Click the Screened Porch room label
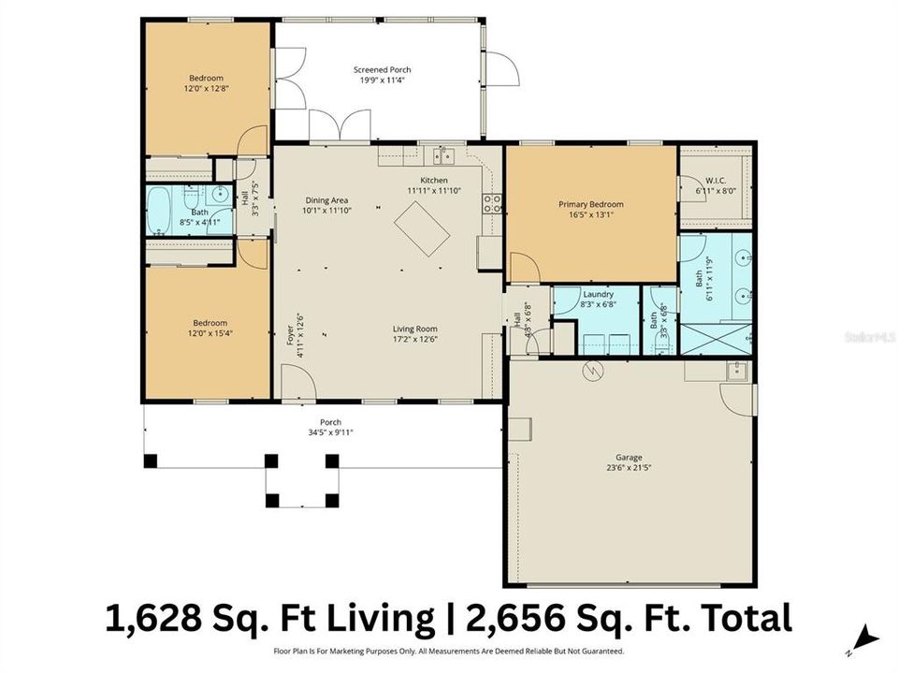tap(382, 70)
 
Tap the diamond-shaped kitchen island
tap(421, 229)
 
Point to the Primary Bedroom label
tap(590, 204)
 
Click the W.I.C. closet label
tap(717, 181)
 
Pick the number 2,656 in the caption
tap(515, 619)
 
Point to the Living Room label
tap(414, 329)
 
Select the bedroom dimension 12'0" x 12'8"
tap(205, 89)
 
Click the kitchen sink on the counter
tap(442, 155)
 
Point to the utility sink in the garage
tap(736, 371)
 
